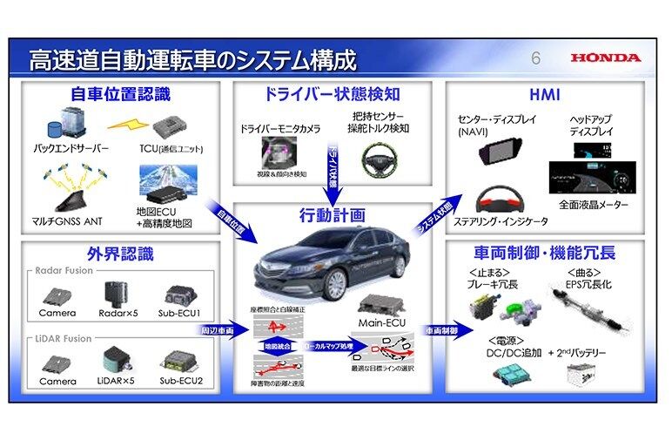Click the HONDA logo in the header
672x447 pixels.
(x=606, y=58)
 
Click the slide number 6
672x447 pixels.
(x=536, y=59)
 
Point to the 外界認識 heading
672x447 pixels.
(x=120, y=254)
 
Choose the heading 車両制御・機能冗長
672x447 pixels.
(x=546, y=254)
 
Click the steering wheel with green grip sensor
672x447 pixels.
(x=378, y=160)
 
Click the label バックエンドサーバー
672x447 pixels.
(x=72, y=148)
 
